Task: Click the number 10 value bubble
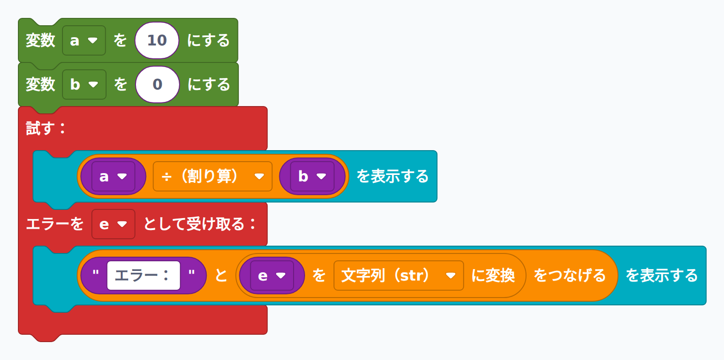point(157,40)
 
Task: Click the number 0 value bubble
point(158,84)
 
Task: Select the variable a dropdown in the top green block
point(84,40)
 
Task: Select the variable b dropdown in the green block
point(85,84)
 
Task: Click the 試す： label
point(45,128)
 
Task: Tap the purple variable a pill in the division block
point(113,176)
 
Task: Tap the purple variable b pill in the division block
point(312,176)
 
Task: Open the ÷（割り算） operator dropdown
point(213,176)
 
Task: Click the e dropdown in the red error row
point(113,224)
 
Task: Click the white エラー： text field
point(143,276)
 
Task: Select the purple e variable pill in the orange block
point(272,276)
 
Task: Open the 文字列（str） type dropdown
point(399,276)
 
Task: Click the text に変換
point(493,276)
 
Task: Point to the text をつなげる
point(570,276)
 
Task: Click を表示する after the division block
point(392,176)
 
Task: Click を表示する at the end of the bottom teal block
point(662,276)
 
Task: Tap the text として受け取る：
point(200,224)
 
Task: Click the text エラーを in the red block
point(55,224)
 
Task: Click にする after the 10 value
point(209,40)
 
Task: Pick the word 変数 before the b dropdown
point(40,84)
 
